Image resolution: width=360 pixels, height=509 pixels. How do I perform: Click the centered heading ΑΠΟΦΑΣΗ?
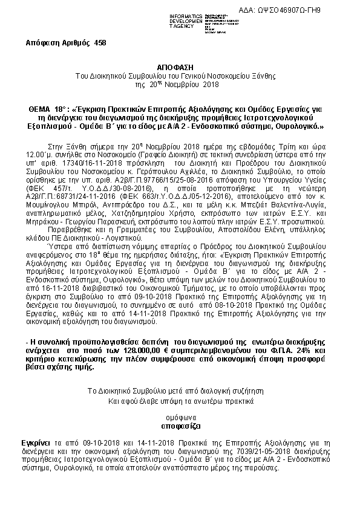pyautogui.click(x=180, y=70)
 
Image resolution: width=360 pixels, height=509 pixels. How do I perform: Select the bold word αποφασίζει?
pyautogui.click(x=180, y=426)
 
